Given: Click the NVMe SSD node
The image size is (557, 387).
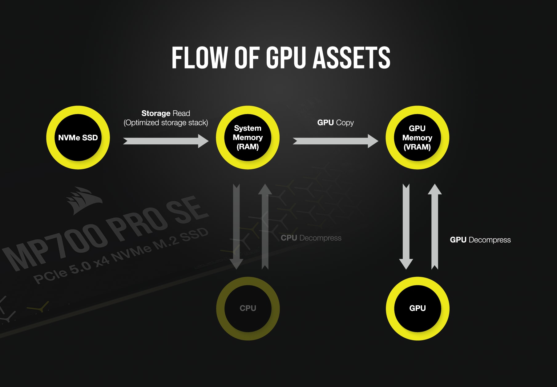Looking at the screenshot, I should [x=78, y=138].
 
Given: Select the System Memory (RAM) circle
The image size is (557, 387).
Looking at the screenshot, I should [x=248, y=138].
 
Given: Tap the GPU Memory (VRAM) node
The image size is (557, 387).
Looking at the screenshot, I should [x=417, y=138].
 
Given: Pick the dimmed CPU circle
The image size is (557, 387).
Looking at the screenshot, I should [x=248, y=308].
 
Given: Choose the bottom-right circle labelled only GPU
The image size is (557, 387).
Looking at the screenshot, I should [x=418, y=308].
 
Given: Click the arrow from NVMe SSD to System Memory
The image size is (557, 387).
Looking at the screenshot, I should [x=166, y=141].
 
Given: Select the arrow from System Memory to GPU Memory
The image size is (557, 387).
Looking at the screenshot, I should [x=335, y=141].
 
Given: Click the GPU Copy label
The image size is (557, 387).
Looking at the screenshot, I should [x=335, y=122].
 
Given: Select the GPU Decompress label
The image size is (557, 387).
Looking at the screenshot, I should [x=480, y=240].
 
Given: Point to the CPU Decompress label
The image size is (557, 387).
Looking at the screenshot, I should [x=311, y=238].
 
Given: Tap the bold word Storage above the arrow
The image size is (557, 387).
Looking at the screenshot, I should [x=156, y=113].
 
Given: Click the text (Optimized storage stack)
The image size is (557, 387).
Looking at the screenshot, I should [x=166, y=123].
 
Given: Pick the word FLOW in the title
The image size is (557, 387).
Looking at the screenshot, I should [x=199, y=58].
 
